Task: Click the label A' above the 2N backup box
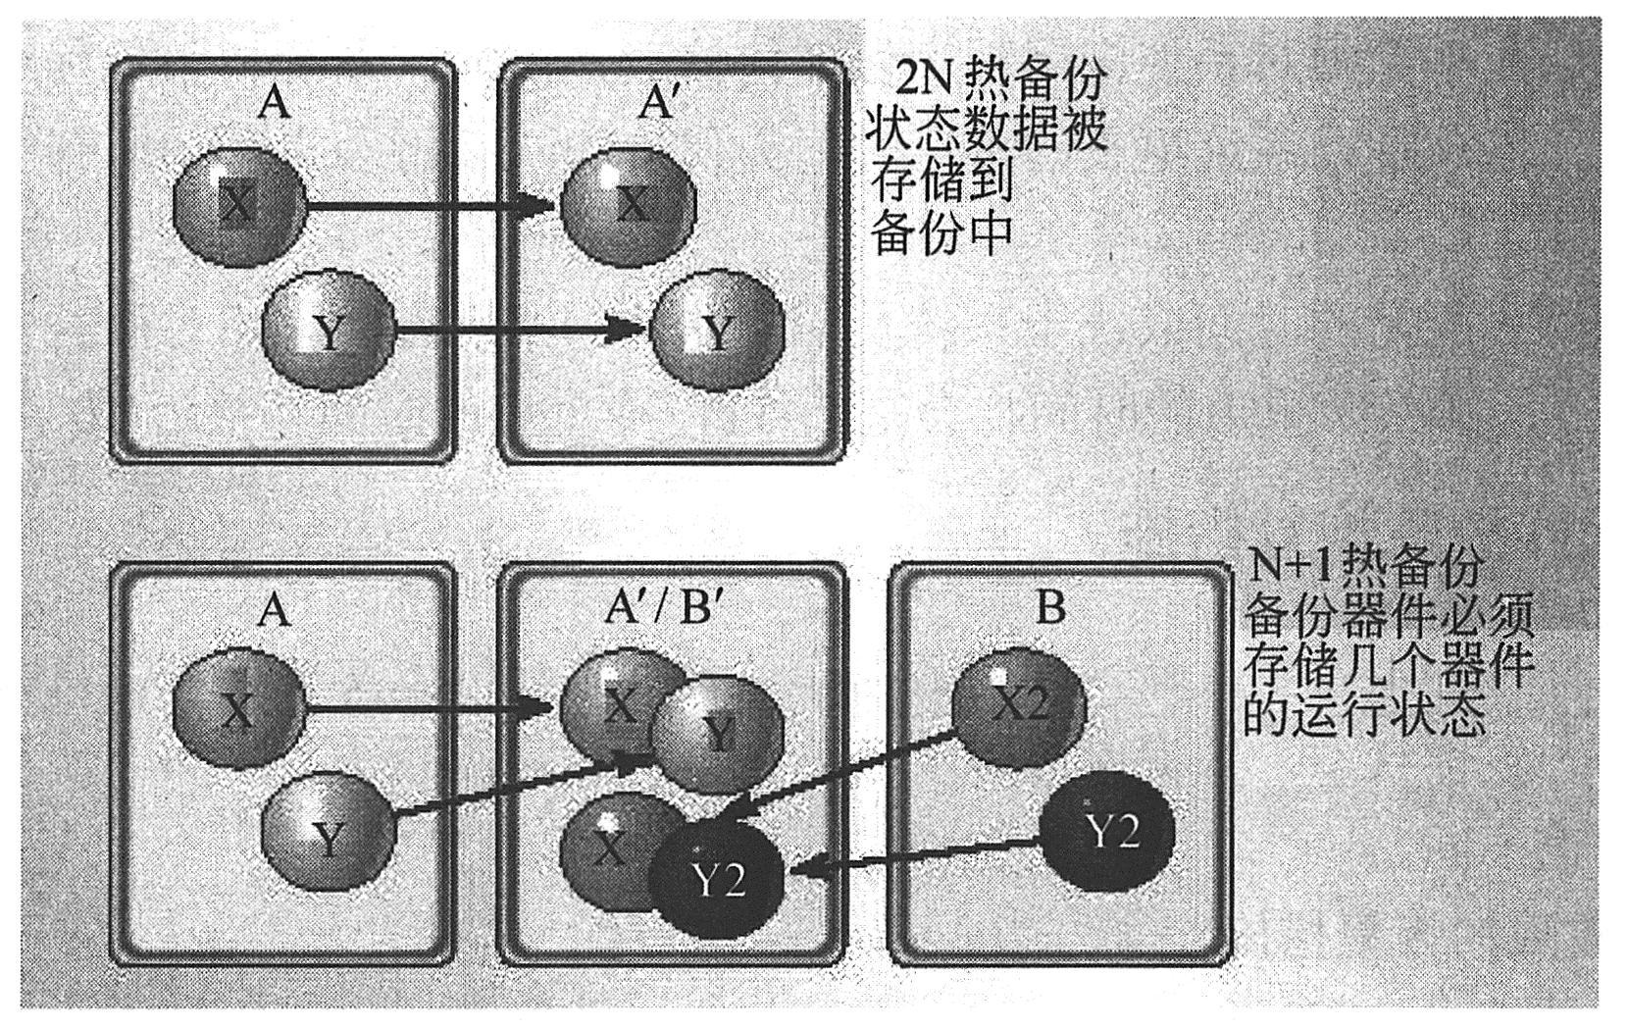point(658,101)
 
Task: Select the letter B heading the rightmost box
point(1049,607)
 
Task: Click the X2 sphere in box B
point(1019,708)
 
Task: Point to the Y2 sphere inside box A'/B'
point(719,882)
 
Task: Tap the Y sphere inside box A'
point(719,332)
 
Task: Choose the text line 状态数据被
point(986,128)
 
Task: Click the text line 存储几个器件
point(1389,666)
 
